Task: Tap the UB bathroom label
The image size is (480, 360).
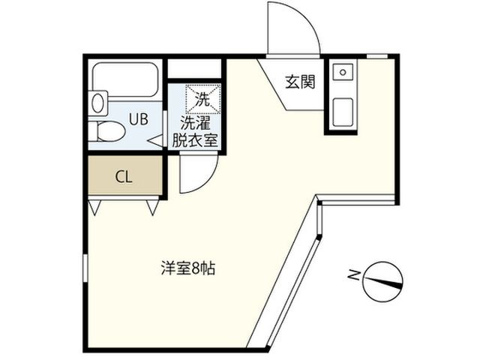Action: pos(137,118)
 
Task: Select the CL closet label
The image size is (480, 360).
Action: pos(124,177)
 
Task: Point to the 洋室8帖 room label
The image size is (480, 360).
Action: pos(187,268)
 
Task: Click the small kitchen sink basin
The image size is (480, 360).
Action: pos(342,73)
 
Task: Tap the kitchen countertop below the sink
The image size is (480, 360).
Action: pos(341,112)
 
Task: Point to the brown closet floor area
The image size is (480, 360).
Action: pos(124,177)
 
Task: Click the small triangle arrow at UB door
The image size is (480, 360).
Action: pos(155,139)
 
